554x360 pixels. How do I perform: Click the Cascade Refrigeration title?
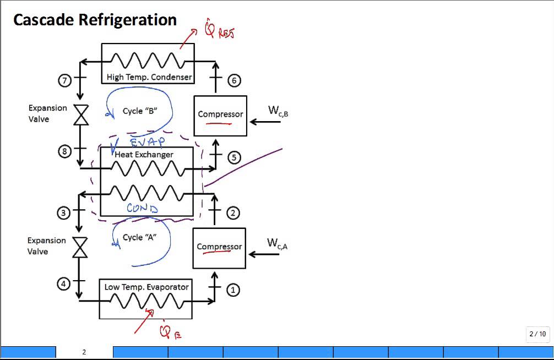coord(95,20)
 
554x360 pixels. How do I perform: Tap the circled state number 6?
coord(233,81)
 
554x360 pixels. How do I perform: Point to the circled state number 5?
coord(233,158)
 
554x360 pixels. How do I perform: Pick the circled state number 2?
coord(233,212)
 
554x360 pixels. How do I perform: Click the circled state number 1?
coord(233,290)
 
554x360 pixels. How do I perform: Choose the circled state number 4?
coord(64,284)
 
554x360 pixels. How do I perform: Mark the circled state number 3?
coord(64,212)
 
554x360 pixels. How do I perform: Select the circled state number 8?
coord(65,151)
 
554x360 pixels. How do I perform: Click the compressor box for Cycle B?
coord(220,115)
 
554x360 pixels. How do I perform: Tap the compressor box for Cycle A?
coord(219,247)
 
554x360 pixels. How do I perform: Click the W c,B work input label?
coord(278,111)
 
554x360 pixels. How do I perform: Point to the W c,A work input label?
coord(277,243)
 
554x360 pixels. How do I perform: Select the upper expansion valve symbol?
coord(81,116)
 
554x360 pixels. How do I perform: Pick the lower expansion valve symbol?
coord(80,248)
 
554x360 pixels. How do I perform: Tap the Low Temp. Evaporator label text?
coord(146,287)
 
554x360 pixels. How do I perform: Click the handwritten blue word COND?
coord(142,208)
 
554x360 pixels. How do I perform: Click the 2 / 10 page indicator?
coord(537,334)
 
